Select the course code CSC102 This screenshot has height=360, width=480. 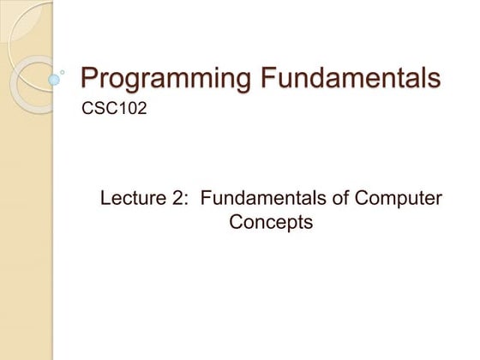coord(107,110)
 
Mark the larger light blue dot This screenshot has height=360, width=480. coord(54,79)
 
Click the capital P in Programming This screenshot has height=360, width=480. coord(88,78)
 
